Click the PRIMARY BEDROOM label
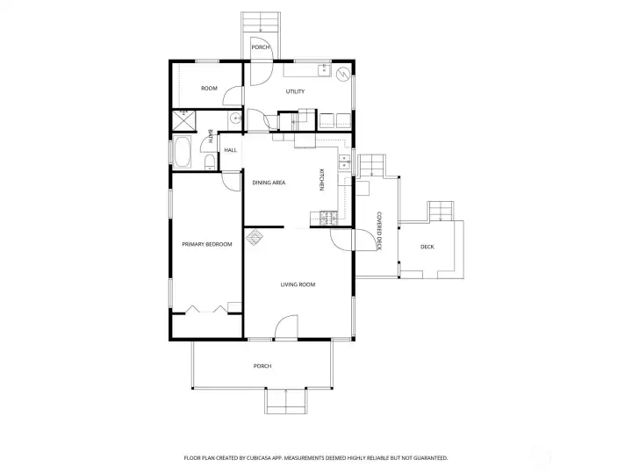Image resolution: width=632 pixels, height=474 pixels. click(206, 244)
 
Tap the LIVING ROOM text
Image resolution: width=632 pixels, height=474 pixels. click(298, 284)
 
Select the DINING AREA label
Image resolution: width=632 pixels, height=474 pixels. click(269, 183)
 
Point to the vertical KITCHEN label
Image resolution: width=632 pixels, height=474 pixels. click(321, 181)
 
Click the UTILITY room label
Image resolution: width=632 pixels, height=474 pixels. click(295, 91)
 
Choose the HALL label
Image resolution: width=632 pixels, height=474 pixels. click(230, 150)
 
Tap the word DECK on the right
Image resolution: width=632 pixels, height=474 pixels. click(427, 247)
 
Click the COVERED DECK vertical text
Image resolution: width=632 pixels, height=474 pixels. click(378, 230)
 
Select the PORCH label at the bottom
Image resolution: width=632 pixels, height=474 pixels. click(262, 365)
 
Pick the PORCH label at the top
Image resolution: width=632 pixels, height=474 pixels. click(260, 47)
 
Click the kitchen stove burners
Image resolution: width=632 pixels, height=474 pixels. click(328, 215)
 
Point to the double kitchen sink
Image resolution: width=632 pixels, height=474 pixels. click(344, 162)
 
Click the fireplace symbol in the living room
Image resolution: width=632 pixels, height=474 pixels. click(255, 236)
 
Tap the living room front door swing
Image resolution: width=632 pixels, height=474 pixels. click(286, 329)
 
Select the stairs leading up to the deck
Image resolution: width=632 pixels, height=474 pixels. click(441, 212)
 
